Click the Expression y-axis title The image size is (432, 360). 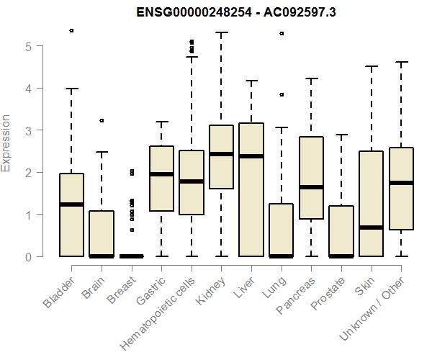click(x=6, y=143)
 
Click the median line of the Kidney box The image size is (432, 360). click(x=221, y=154)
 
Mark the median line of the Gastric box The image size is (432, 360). click(x=161, y=174)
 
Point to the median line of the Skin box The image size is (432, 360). click(x=372, y=228)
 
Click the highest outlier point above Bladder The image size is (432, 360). click(x=71, y=31)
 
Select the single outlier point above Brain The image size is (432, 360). click(x=102, y=120)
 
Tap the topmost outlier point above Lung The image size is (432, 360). click(x=282, y=34)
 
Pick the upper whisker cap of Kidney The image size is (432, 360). click(x=221, y=32)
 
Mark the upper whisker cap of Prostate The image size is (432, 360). click(x=341, y=135)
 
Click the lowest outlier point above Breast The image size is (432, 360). click(x=131, y=230)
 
